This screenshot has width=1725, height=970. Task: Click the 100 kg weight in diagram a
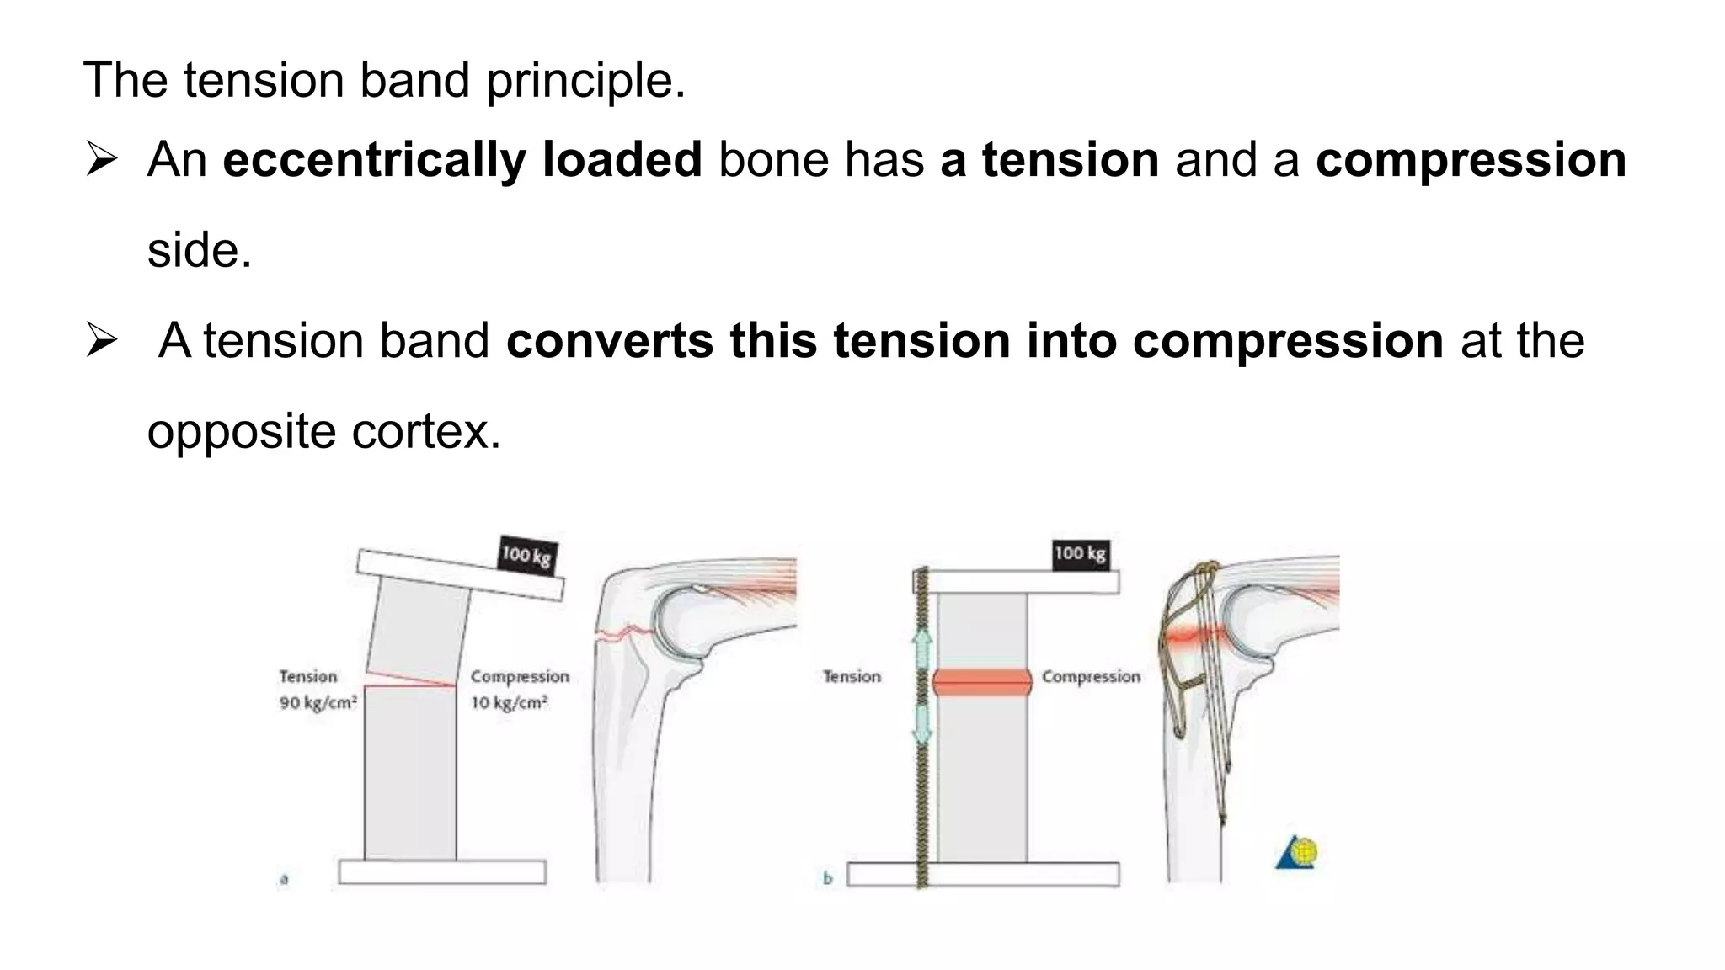click(526, 555)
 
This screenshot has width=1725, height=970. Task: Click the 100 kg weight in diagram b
click(1080, 554)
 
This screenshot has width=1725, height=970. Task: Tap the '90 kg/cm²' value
click(318, 702)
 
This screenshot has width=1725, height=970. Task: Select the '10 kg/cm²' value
click(509, 702)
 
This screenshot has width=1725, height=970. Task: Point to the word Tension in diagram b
click(852, 676)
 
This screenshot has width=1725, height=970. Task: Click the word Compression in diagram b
click(1091, 676)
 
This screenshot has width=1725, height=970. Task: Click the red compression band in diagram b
click(982, 682)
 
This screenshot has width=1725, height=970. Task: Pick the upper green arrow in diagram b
click(922, 648)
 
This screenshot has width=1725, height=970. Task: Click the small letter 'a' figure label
click(284, 879)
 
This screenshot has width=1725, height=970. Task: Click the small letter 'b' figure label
click(827, 879)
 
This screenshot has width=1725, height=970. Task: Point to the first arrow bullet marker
click(101, 159)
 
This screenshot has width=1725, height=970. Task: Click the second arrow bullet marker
click(101, 340)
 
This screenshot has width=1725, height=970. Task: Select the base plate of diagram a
click(442, 871)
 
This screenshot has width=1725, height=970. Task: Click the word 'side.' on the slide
click(200, 251)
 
